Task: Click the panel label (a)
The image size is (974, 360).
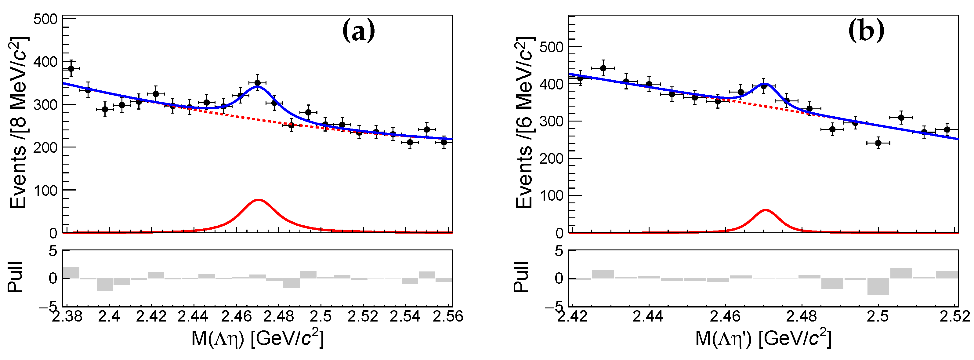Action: [x=358, y=31]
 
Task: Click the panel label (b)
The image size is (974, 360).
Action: [x=866, y=31]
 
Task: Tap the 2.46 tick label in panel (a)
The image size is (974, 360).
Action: [x=236, y=316]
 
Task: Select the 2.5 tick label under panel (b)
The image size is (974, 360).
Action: [x=878, y=316]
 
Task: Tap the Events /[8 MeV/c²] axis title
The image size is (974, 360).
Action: [x=18, y=123]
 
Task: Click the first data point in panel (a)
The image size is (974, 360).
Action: [x=71, y=68]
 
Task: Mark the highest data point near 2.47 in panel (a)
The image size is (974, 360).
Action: [x=258, y=83]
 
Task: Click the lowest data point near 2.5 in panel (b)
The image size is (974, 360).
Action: [x=878, y=143]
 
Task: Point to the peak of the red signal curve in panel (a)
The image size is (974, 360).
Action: [x=258, y=200]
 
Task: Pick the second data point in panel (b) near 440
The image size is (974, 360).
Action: [x=603, y=68]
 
